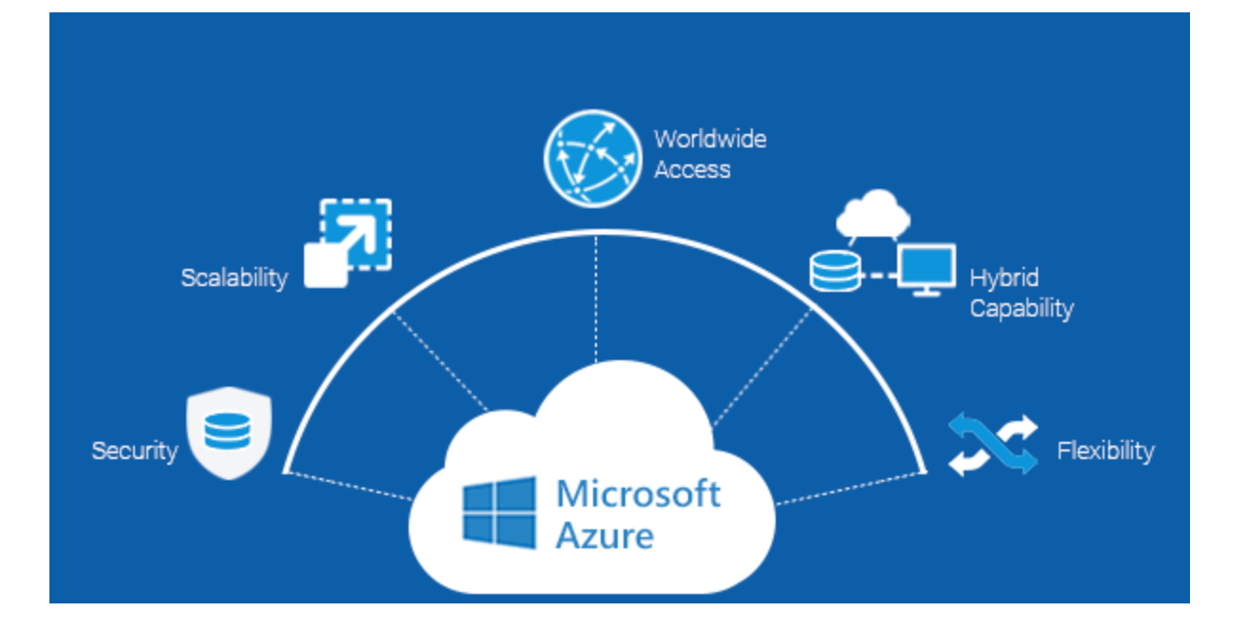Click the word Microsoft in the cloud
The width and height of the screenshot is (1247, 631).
639,493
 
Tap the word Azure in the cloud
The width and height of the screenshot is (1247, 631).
604,536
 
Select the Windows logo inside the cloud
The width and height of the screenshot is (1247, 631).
499,512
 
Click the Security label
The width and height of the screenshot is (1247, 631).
135,450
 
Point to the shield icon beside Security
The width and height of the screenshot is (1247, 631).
229,433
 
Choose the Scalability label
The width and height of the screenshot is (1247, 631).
235,277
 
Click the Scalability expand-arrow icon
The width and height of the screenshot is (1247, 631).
348,243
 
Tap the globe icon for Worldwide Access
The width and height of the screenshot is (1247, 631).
593,159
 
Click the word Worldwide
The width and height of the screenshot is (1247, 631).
710,139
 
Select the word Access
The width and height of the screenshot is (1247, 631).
692,170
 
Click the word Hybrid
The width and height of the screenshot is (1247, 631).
1005,277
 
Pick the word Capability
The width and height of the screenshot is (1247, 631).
1022,309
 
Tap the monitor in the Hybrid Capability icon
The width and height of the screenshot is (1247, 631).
927,270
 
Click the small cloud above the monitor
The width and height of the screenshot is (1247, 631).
873,213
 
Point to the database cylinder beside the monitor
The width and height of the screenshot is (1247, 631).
835,271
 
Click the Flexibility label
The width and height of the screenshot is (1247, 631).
1105,450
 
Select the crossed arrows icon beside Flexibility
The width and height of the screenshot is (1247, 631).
993,445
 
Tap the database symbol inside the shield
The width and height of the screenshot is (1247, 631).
228,431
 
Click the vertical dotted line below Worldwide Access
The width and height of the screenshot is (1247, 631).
596,299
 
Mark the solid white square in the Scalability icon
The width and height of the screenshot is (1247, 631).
326,265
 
